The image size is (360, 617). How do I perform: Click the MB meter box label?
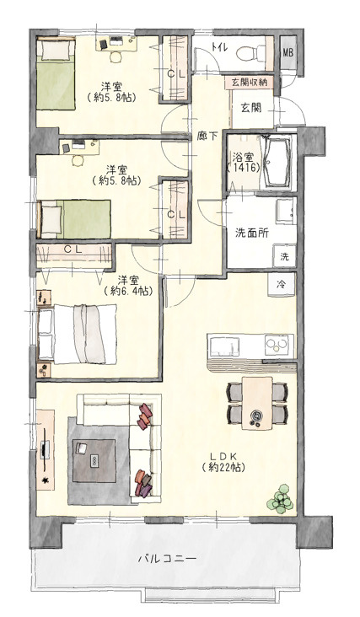click(288, 53)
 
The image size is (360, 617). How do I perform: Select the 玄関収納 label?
click(249, 83)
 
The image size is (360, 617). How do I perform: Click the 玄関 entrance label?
click(251, 107)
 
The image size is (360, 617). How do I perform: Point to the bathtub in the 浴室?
click(277, 161)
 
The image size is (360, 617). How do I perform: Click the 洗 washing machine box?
click(284, 256)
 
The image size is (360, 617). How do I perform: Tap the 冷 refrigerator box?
click(282, 285)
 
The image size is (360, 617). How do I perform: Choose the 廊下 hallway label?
click(207, 137)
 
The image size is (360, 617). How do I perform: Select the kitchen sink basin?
click(223, 346)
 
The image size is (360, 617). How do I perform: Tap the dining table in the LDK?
click(257, 403)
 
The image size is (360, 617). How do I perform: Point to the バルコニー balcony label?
click(167, 558)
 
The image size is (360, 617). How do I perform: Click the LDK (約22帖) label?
click(223, 462)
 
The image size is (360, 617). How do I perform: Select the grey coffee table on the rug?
click(94, 460)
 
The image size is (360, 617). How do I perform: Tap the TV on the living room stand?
click(46, 449)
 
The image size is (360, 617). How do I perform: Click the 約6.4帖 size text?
click(128, 291)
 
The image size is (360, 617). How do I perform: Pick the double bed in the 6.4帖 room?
click(78, 334)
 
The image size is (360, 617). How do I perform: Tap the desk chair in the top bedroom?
click(116, 56)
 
